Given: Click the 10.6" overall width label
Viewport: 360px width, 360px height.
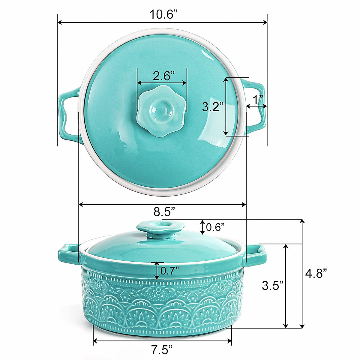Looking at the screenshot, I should point(162,14).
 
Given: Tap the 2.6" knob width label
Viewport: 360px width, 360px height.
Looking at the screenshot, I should point(162,76).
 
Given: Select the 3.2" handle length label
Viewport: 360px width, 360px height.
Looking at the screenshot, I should point(212,106).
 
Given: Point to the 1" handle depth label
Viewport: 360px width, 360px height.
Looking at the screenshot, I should point(257,99).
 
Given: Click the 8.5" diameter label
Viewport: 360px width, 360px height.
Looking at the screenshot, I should point(164,212).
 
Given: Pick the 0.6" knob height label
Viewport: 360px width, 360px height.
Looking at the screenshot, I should point(215,227).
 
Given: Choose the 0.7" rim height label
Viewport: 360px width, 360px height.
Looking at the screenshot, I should point(169,271).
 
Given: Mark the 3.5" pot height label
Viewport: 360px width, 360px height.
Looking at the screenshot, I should point(272,285).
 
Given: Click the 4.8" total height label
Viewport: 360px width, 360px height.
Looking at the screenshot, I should point(316,274).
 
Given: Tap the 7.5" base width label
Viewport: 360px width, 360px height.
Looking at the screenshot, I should point(162,349).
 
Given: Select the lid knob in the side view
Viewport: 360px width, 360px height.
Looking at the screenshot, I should point(160,228).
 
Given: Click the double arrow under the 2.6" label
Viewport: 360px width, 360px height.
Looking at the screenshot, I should point(162,82).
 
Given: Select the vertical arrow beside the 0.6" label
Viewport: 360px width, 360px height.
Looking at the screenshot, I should point(203,227).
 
